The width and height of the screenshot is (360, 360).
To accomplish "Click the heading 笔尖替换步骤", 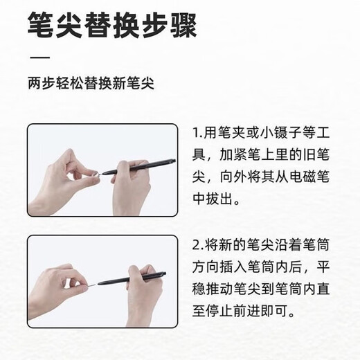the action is click(112, 25).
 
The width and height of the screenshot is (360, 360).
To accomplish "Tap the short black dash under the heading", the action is click(40, 57).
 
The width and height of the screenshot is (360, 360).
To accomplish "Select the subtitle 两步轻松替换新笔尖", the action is click(91, 83).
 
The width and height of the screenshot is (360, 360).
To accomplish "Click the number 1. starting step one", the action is click(197, 133).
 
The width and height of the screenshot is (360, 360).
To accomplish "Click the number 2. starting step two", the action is click(198, 245).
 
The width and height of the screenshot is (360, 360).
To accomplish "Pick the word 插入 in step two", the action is click(233, 267).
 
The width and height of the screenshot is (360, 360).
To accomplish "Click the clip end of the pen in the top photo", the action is click(172, 161).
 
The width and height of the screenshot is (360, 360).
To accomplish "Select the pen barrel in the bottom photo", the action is click(132, 278).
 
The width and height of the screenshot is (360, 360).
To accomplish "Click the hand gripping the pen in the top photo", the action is click(131, 185).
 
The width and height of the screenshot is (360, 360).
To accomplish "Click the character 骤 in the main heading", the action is click(183, 25).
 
